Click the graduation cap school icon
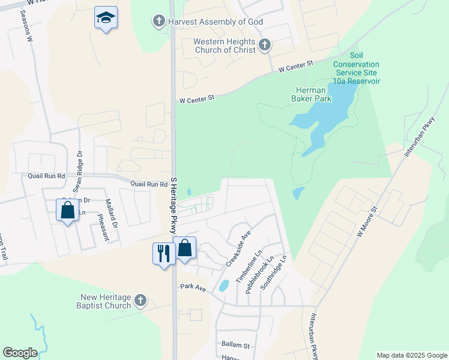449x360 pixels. pos(106,18)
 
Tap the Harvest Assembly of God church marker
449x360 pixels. pos(158,22)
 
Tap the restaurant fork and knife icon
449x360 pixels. pos(163,253)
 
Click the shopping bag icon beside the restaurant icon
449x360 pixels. pos(184,248)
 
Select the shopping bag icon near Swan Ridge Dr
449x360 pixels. pos(67,211)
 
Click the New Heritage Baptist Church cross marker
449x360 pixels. pos(140,300)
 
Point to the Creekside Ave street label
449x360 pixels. pos(238,251)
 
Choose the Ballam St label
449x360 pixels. pos(235,345)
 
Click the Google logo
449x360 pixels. pos(20,353)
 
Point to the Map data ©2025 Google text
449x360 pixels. pos(411,355)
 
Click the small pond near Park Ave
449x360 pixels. pos(223,286)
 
